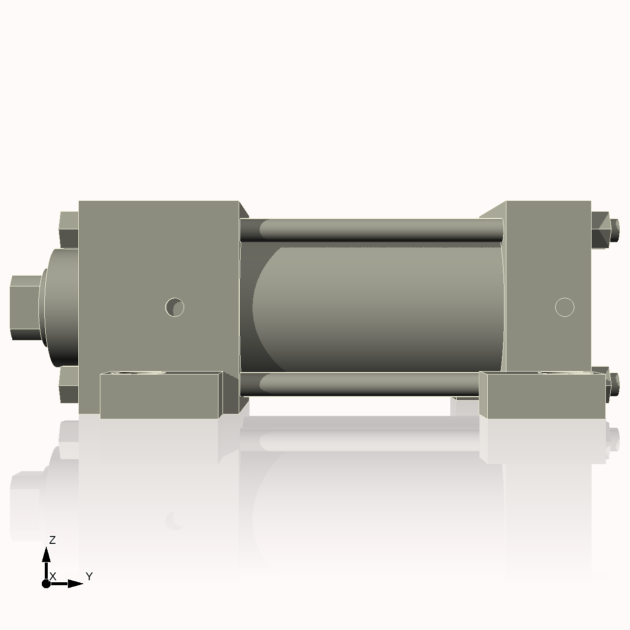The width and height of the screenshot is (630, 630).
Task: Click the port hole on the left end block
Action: tap(175, 307)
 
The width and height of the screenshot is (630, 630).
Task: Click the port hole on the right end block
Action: tap(565, 307)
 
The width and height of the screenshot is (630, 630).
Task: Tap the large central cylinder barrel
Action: tap(379, 308)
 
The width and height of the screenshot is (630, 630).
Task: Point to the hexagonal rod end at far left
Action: tap(25, 308)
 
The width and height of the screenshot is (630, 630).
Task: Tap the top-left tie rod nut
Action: tap(69, 229)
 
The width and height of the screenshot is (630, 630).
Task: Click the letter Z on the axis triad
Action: tap(52, 540)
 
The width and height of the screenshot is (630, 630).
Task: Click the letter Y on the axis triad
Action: tap(89, 576)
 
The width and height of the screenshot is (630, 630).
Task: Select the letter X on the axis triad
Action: tap(53, 576)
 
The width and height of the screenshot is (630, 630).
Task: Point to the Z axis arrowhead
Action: tap(46, 555)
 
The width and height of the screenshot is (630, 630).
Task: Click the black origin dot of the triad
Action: tap(46, 584)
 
